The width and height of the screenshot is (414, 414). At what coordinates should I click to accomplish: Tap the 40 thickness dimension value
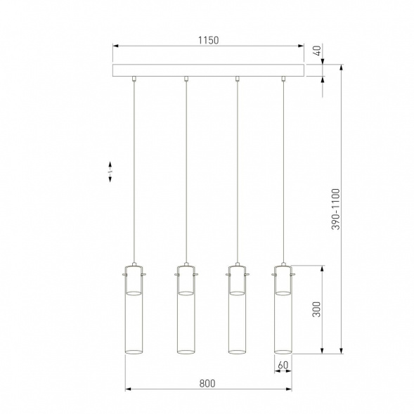pos(316,51)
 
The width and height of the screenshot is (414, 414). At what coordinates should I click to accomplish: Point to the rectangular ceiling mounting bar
pos(209,71)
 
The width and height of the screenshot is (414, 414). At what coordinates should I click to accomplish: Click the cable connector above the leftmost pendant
pos(134,79)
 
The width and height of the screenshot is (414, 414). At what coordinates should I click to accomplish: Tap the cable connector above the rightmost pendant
pos(283,79)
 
